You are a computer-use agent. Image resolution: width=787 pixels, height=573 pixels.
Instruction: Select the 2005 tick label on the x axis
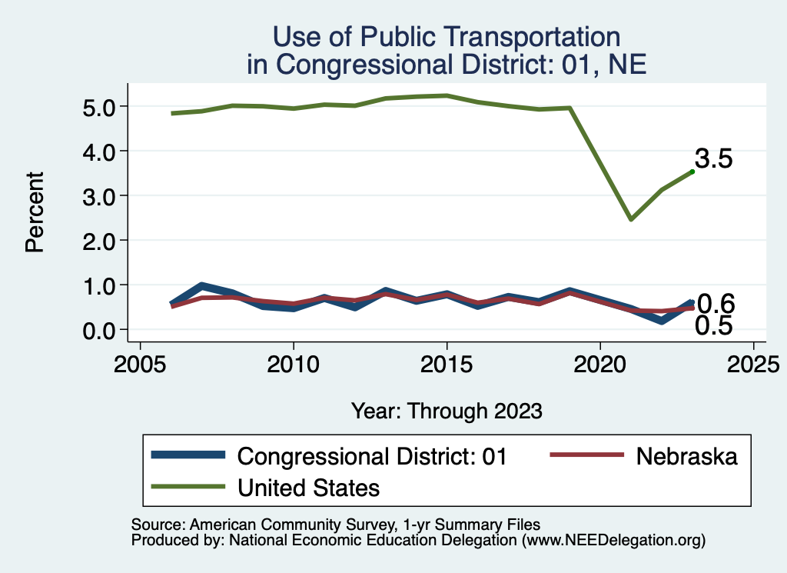pos(140,362)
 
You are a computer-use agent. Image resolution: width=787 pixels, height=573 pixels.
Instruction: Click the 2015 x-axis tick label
pos(447,362)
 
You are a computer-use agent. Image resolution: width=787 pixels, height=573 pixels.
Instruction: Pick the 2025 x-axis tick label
pos(753,362)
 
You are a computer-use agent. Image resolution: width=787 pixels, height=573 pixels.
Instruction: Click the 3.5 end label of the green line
pos(713,159)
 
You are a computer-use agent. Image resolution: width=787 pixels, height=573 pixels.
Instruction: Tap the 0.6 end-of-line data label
pos(716,303)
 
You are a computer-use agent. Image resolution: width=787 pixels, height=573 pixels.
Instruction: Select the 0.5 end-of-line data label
pos(713,326)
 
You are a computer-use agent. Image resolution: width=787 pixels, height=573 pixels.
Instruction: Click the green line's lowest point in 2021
pos(630,219)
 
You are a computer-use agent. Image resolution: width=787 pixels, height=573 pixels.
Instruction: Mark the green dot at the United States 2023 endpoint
pos(692,172)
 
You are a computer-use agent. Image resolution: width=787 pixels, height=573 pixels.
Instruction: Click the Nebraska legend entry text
pos(686,456)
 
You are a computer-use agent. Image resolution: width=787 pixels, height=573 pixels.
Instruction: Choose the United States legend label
pos(309,488)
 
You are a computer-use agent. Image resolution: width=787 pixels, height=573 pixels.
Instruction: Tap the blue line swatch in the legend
pos(189,455)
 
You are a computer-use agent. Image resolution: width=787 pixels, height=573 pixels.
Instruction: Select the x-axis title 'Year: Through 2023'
pos(447,411)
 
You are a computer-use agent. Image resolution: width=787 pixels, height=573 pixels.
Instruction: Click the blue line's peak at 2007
pos(201,286)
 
